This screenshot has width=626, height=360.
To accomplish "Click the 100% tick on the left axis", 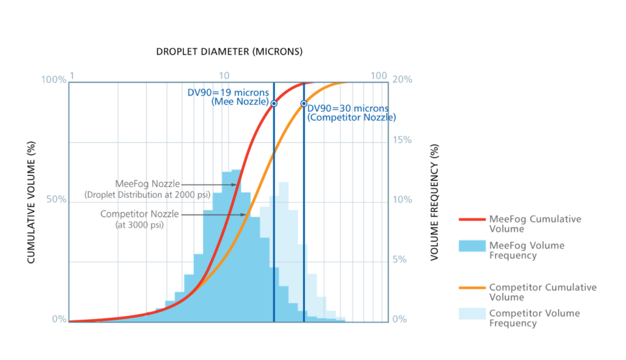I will click(x=53, y=79).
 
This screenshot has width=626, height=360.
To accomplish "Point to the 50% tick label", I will click(x=56, y=199).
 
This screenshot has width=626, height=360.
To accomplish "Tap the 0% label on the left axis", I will click(x=59, y=319).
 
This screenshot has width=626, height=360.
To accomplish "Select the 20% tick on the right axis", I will click(x=401, y=79).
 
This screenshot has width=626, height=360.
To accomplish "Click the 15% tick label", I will click(x=401, y=140).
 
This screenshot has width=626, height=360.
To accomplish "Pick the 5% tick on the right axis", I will click(x=399, y=260).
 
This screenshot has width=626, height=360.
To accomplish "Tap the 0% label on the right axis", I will click(x=399, y=319).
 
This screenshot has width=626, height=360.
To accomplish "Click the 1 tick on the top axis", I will click(x=72, y=75).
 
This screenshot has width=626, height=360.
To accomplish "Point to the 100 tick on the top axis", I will click(x=379, y=75).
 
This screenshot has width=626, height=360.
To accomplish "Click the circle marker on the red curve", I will click(x=274, y=104).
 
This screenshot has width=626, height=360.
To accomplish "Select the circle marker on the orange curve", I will click(x=304, y=103).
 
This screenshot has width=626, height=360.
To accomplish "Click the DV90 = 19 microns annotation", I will click(x=228, y=92).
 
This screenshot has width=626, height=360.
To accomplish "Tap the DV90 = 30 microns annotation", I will click(x=347, y=108).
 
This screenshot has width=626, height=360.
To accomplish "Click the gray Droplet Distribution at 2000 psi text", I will click(x=148, y=195).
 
